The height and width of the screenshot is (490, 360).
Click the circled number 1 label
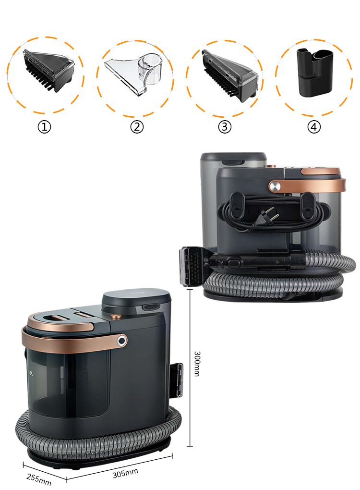point(44,127)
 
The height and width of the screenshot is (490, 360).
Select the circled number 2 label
point(137,127)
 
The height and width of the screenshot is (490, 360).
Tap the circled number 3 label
point(225,127)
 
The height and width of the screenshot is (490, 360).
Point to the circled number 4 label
point(314,127)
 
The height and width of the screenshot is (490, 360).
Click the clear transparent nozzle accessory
point(134,73)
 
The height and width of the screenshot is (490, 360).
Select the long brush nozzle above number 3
point(230,76)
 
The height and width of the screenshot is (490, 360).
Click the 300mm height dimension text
point(197,364)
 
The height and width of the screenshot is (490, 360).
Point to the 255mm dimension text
point(39,479)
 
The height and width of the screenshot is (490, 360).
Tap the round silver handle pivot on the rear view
point(275,186)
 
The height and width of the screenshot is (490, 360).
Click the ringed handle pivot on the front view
point(122,341)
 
